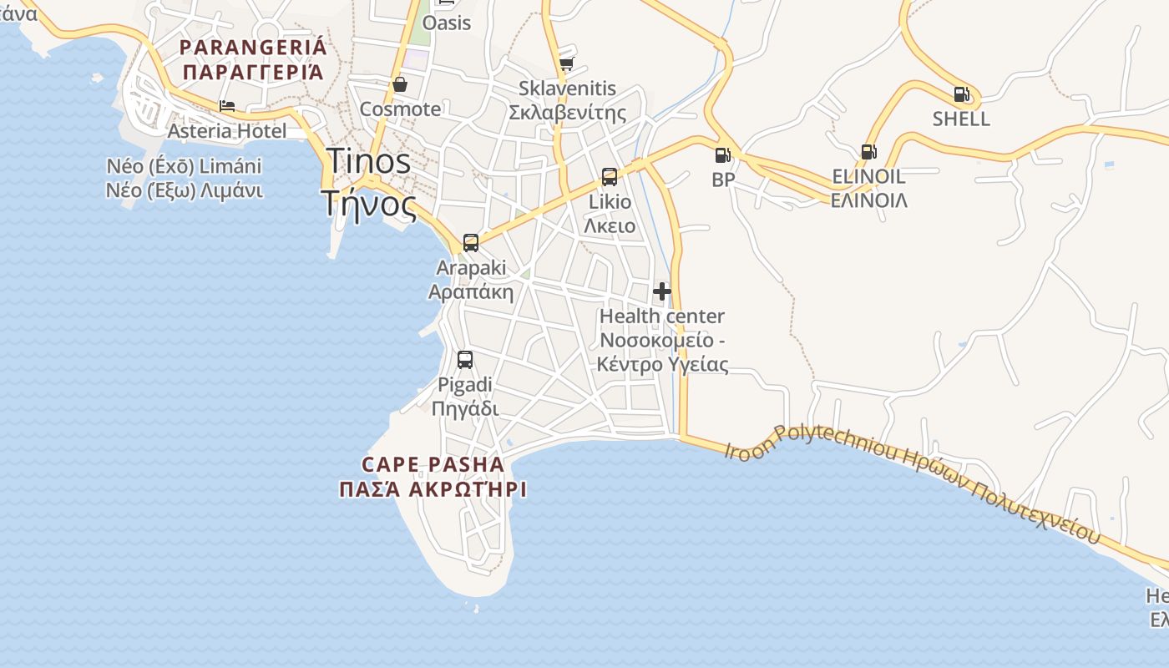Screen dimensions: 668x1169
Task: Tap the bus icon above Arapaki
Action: (x=471, y=243)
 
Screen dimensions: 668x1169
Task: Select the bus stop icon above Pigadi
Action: (x=465, y=360)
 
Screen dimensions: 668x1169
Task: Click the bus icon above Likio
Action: (x=610, y=177)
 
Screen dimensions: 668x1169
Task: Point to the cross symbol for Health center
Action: (x=662, y=291)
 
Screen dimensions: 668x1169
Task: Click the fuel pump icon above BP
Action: (x=722, y=155)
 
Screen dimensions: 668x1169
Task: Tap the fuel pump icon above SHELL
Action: (x=961, y=94)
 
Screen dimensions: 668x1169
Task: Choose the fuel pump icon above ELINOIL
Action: (x=868, y=152)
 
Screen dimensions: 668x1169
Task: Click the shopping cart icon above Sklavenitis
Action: (x=566, y=63)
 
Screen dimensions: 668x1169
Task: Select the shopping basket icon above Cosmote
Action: (x=400, y=84)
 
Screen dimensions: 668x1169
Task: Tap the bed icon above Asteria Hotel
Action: (x=227, y=106)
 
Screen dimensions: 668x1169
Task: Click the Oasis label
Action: (x=447, y=23)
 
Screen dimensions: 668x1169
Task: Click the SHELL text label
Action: (x=961, y=119)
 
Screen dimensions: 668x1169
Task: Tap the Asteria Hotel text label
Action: (x=227, y=131)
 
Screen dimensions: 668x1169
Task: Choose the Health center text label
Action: (x=662, y=316)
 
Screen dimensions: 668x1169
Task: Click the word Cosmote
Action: (x=400, y=109)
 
